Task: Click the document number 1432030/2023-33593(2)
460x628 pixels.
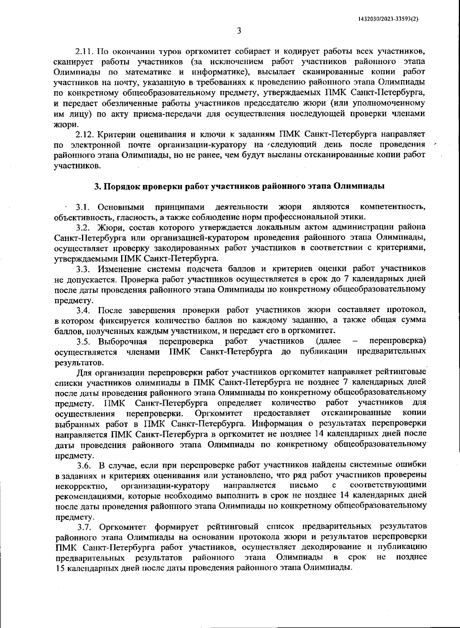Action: [x=388, y=18]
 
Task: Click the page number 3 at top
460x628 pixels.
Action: [x=238, y=31]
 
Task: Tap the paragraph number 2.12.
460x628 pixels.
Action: [x=85, y=135]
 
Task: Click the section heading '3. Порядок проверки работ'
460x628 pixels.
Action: [x=240, y=186]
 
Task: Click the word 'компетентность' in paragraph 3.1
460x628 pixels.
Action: [x=393, y=207]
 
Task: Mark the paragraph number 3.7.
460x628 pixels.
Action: [x=84, y=526]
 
